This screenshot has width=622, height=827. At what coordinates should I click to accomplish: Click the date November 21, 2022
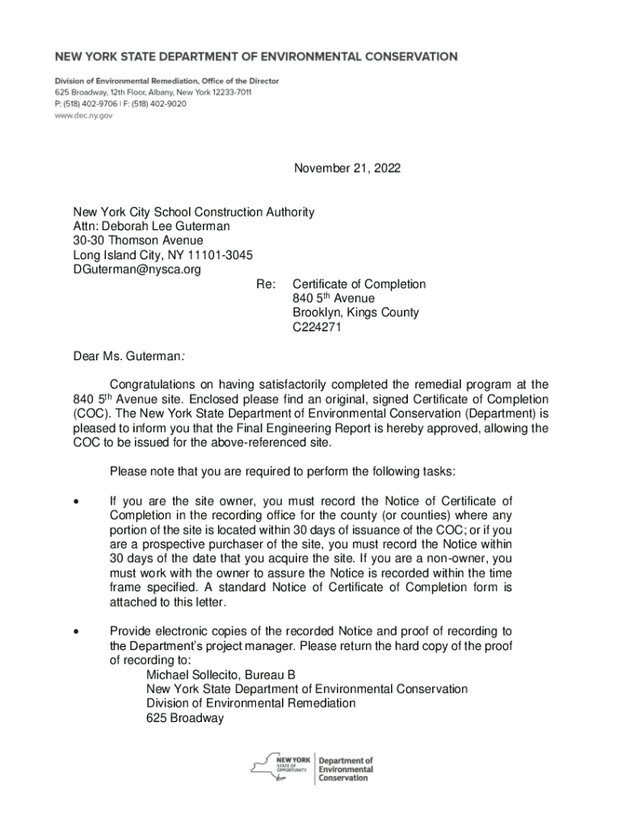tap(347, 168)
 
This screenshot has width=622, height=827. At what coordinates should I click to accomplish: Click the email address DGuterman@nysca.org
tap(137, 270)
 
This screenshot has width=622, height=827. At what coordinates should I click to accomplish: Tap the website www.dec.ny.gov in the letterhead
tap(83, 115)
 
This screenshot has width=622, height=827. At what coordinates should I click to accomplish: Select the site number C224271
tap(317, 328)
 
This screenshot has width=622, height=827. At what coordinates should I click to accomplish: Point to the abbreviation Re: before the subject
tap(266, 284)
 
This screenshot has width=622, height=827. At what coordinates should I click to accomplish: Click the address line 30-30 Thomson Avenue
tap(138, 241)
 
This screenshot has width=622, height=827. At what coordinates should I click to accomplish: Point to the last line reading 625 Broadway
tap(184, 718)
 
